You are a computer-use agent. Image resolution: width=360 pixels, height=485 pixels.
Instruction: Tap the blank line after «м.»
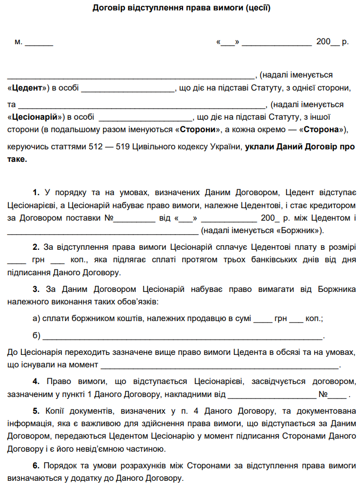point(39,42)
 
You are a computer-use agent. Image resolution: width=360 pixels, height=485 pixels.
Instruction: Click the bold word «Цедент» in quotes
point(29,88)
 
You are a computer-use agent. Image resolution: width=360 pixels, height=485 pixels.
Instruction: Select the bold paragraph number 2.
point(36,246)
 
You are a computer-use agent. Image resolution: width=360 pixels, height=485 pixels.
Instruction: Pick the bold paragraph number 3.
point(36,289)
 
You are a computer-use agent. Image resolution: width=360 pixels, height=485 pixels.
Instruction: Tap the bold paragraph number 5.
point(36,411)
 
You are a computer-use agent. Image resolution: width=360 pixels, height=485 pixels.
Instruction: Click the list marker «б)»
point(36,335)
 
